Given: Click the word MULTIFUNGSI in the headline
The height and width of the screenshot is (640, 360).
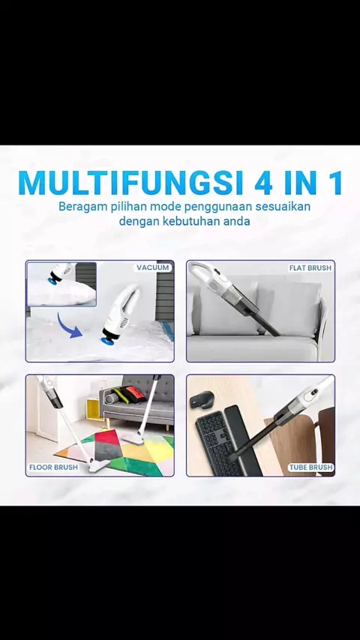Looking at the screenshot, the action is pos(130,182).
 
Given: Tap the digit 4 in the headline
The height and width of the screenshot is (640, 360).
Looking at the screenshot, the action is pos(264,183).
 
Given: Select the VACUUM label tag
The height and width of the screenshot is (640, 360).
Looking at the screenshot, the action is pos(152,268).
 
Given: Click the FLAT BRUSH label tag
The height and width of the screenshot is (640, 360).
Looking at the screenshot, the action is pos(310,268).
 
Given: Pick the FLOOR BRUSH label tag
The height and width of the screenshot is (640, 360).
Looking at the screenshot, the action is pos(53,467).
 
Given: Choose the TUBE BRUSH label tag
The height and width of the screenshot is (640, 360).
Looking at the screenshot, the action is pos(311,467).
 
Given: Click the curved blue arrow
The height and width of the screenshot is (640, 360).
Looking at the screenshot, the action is pos(68,326).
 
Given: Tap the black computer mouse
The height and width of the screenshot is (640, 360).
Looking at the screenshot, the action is pos(202,399).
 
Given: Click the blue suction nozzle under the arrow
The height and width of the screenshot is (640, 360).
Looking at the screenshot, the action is pos(106,339).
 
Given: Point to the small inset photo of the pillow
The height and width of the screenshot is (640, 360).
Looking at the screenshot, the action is pos(61,284).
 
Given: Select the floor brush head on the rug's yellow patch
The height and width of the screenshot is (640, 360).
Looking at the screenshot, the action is pos(133,440).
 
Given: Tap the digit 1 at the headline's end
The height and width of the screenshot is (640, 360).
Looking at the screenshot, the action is pos(335,183).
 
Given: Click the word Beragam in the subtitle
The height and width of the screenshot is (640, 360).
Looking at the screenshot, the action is pos(75,207).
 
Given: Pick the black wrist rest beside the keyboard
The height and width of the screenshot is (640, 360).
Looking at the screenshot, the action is pos(243,441).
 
